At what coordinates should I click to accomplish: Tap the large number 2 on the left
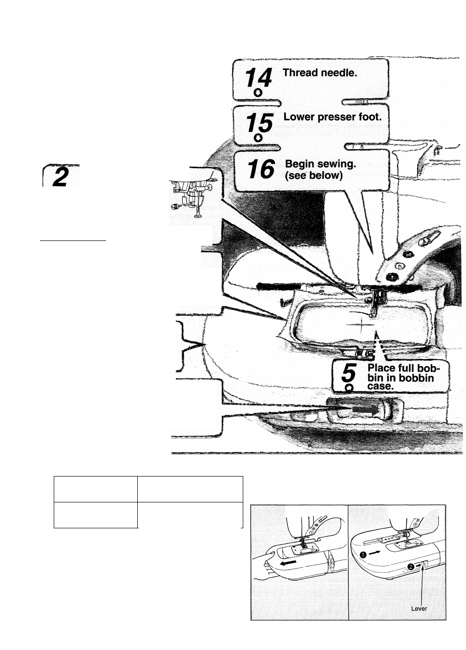(x=60, y=177)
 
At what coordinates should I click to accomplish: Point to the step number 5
(x=346, y=374)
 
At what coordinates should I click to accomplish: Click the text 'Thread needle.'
(x=320, y=73)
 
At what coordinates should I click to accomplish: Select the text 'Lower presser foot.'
(x=332, y=117)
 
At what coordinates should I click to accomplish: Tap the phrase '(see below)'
(x=314, y=175)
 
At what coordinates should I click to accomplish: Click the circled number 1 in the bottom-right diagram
(x=363, y=554)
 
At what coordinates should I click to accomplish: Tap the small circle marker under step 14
(x=258, y=93)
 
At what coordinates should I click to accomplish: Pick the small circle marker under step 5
(x=348, y=388)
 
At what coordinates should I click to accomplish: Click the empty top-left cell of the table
(x=95, y=489)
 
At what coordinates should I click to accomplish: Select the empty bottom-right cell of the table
(x=190, y=515)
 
